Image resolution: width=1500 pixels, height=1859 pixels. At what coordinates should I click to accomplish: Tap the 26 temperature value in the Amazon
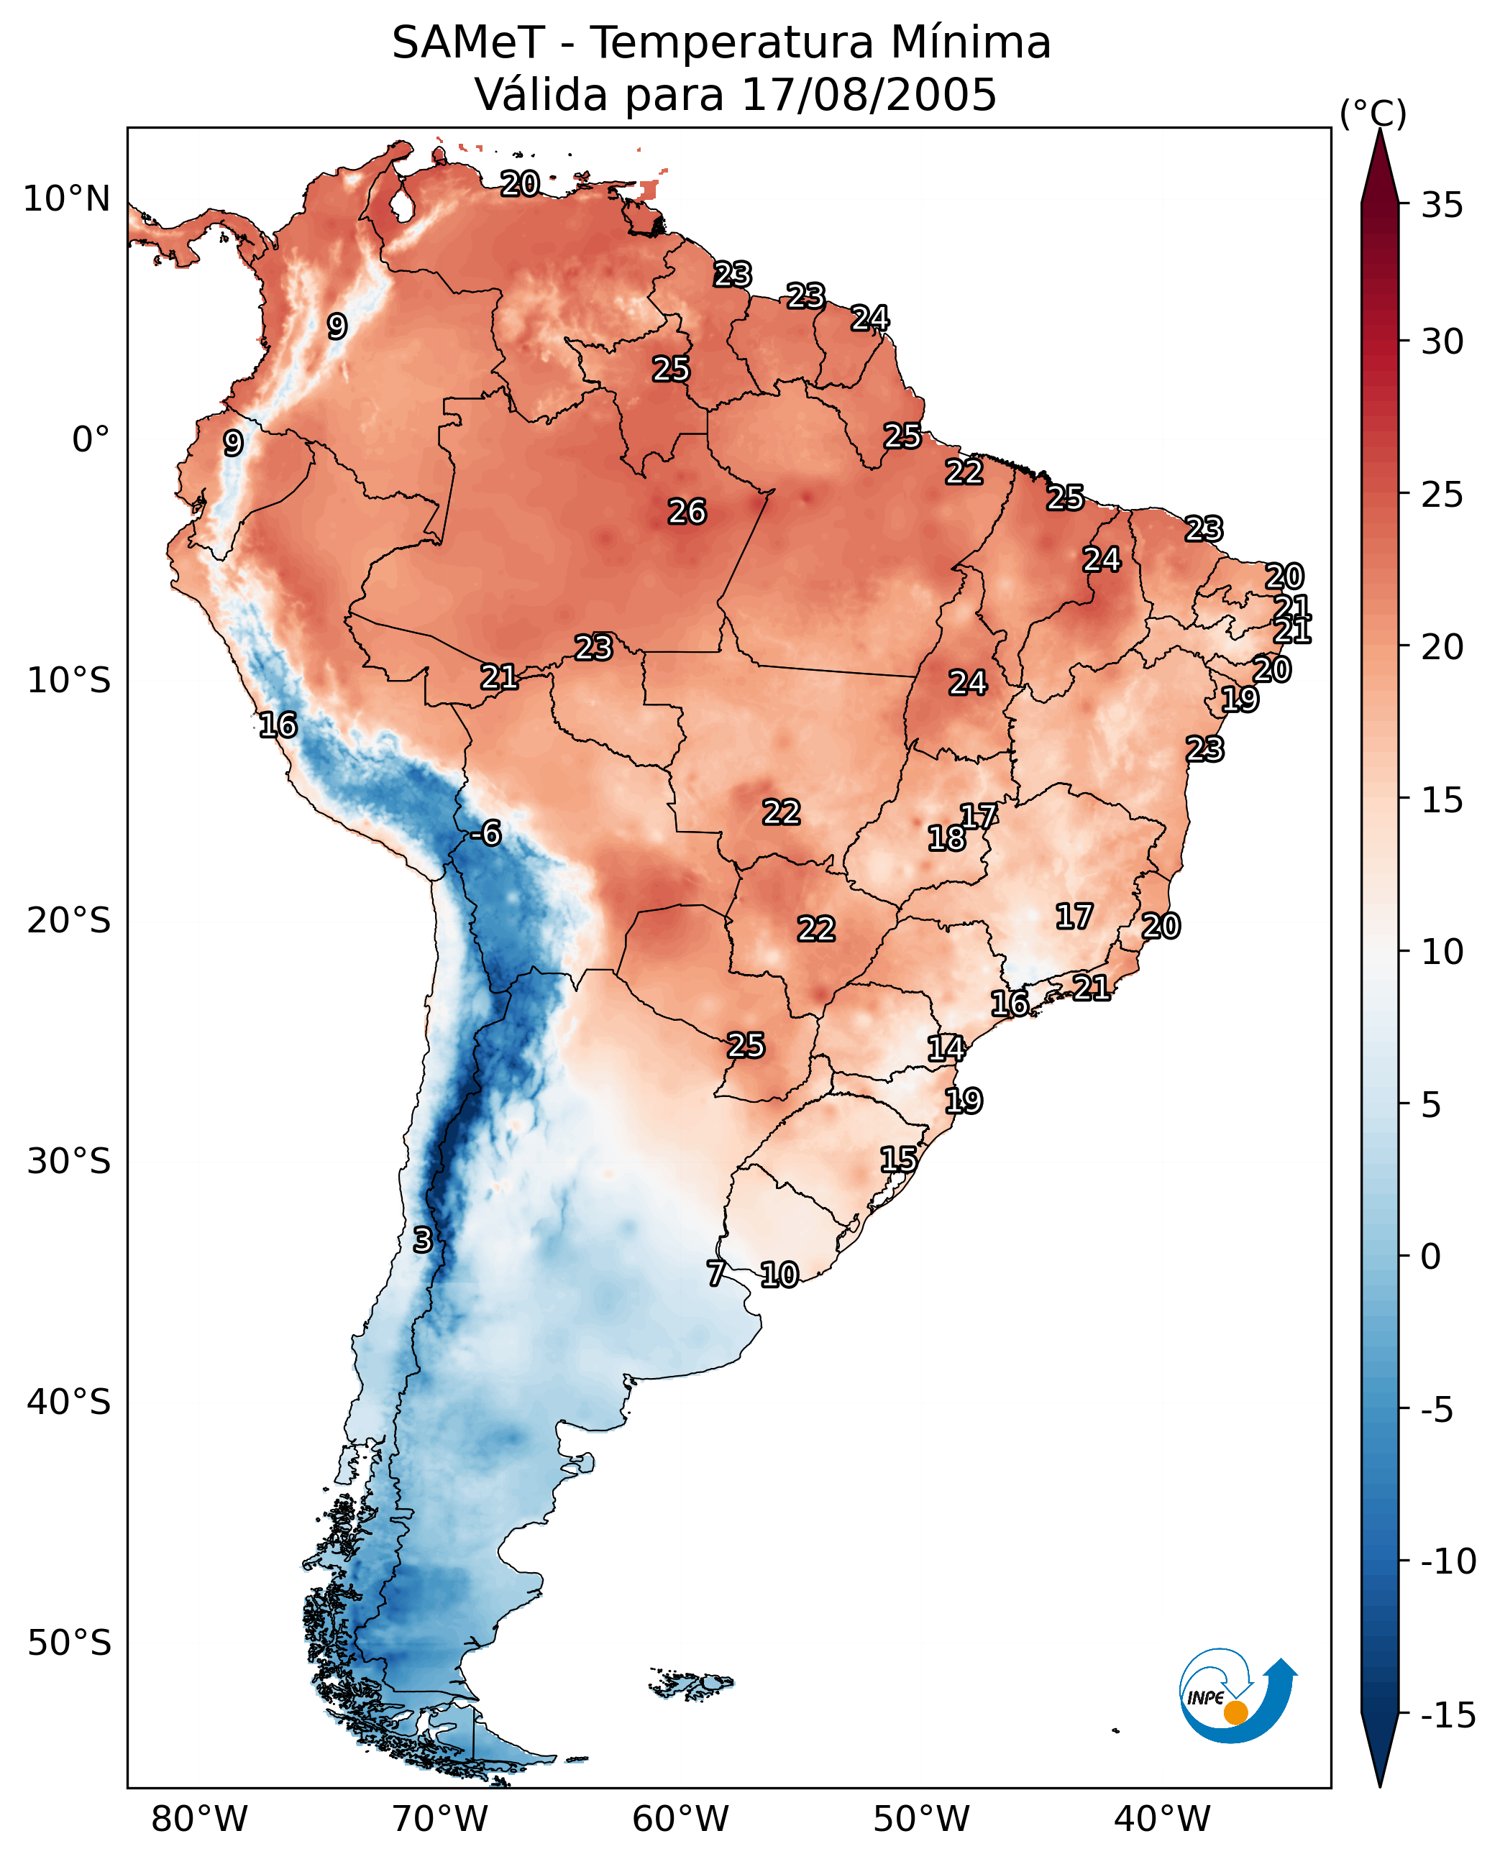click(687, 513)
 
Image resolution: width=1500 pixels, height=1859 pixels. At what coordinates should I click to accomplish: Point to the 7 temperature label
click(715, 1273)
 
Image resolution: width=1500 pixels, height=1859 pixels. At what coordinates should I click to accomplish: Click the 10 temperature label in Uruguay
click(779, 1275)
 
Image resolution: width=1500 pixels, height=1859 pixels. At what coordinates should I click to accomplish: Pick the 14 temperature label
click(946, 1049)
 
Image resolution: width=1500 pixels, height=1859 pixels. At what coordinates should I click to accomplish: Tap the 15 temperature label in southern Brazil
click(899, 1160)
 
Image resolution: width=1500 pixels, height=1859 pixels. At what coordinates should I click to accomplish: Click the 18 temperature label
click(946, 838)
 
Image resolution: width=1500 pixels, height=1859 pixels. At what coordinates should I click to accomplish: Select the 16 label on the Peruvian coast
click(278, 725)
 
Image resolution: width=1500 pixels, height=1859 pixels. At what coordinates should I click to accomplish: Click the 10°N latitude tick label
click(67, 200)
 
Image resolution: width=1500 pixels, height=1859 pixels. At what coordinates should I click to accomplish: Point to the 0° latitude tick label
click(91, 440)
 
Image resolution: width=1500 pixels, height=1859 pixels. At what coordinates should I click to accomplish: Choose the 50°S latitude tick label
click(69, 1643)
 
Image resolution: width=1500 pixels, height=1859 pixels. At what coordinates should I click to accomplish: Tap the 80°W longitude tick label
click(200, 1819)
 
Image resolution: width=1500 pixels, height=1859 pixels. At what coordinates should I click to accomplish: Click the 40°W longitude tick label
click(1162, 1819)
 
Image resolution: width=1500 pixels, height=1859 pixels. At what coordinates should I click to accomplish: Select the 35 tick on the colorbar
click(1442, 206)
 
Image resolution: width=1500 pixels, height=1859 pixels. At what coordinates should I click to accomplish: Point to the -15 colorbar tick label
click(1448, 1715)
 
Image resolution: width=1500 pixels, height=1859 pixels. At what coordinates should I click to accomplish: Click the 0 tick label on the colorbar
click(1431, 1257)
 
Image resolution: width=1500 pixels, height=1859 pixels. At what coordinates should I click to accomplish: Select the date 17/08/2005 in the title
click(869, 94)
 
